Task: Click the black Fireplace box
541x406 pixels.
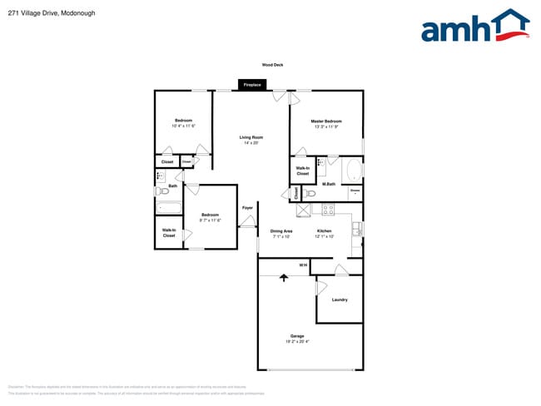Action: pyautogui.click(x=252, y=85)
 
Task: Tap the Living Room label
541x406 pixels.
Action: pyautogui.click(x=251, y=137)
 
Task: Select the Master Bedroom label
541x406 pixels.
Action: pyautogui.click(x=326, y=121)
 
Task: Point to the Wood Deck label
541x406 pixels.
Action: pyautogui.click(x=272, y=64)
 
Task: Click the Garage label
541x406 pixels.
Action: pyautogui.click(x=297, y=336)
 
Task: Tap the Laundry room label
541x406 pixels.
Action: pyautogui.click(x=340, y=300)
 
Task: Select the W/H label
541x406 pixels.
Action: pyautogui.click(x=303, y=265)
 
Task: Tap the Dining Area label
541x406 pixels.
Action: pyautogui.click(x=281, y=231)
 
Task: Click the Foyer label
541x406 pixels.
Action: pyautogui.click(x=247, y=208)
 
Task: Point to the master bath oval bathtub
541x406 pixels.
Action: pyautogui.click(x=355, y=171)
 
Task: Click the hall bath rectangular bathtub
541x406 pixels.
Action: pyautogui.click(x=169, y=208)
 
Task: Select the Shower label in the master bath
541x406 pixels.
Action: pyautogui.click(x=355, y=191)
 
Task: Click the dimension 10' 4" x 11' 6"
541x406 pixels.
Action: pyautogui.click(x=183, y=126)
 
